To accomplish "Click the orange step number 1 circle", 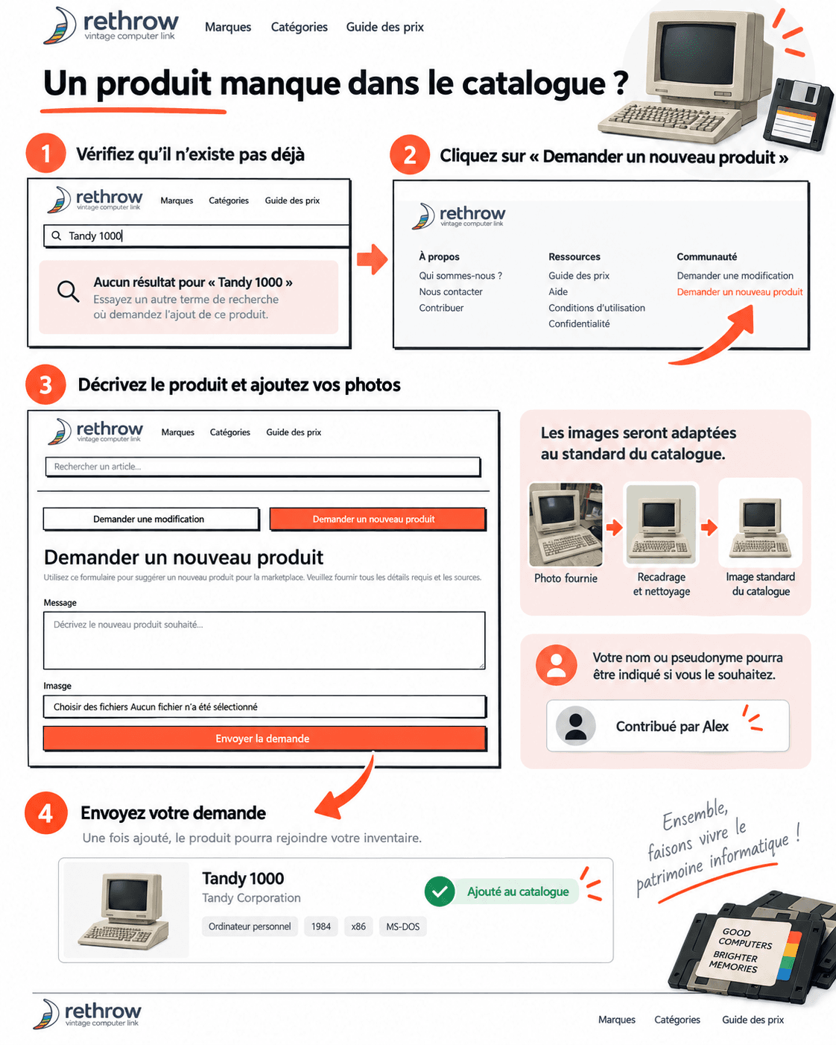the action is click(45, 154).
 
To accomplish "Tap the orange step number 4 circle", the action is click(45, 813).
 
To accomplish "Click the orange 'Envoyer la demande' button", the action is click(265, 739).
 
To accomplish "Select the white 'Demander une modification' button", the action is click(151, 519).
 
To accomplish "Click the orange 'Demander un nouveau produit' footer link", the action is click(739, 292).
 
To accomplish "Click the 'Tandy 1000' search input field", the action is click(197, 236).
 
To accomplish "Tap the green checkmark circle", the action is click(440, 891).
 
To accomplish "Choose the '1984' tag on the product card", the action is click(321, 926).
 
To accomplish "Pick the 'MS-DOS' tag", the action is click(403, 926).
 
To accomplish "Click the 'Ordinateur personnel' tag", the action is click(250, 926).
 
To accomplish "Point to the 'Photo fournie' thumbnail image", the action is click(566, 525).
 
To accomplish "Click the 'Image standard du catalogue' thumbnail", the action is click(760, 522).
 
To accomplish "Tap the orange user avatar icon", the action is click(557, 665).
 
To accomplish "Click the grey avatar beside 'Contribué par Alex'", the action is click(576, 726).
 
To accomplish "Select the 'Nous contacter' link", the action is click(451, 292).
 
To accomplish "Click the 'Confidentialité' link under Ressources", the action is click(579, 324).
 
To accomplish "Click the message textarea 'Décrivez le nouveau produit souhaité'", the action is click(265, 640).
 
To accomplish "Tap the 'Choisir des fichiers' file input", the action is click(265, 707).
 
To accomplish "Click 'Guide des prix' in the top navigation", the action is click(384, 27).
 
